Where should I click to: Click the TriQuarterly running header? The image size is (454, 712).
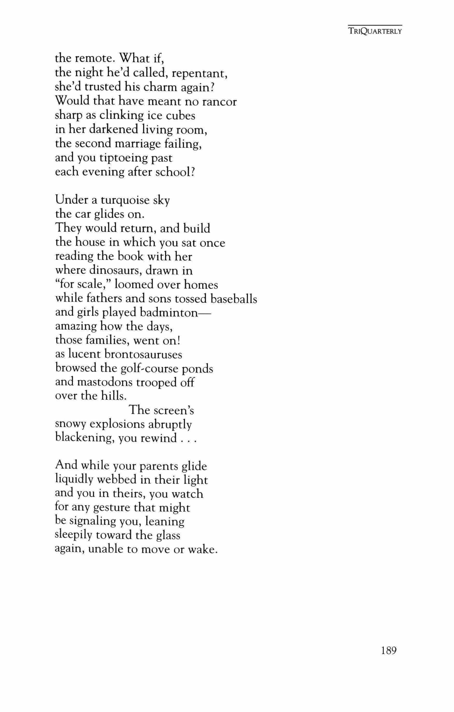coord(375,31)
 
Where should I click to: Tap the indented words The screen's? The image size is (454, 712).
coord(161,410)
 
